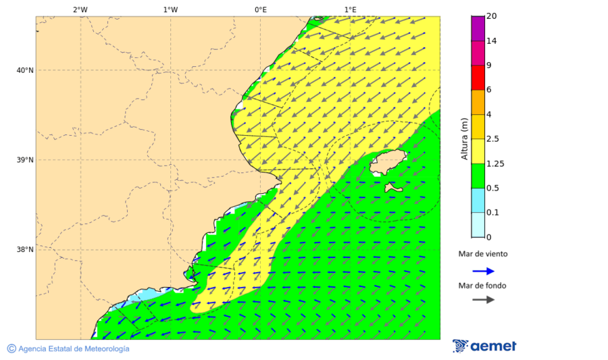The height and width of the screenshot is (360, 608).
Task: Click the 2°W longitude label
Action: (80, 9)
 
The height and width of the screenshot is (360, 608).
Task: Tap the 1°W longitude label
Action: (170, 9)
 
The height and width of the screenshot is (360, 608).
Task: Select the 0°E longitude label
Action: (260, 9)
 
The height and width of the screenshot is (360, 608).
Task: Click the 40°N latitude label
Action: (25, 70)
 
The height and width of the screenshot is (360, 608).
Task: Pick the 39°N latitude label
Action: (25, 160)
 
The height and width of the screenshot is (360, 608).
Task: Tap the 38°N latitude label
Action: (25, 250)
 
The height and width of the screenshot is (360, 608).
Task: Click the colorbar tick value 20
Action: (492, 16)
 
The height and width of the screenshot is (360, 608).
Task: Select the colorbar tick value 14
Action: (492, 41)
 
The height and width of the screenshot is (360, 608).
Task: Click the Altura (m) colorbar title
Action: (464, 138)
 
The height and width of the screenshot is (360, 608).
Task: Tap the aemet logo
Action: (484, 346)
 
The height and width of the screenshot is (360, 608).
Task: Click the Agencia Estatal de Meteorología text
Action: (73, 349)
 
